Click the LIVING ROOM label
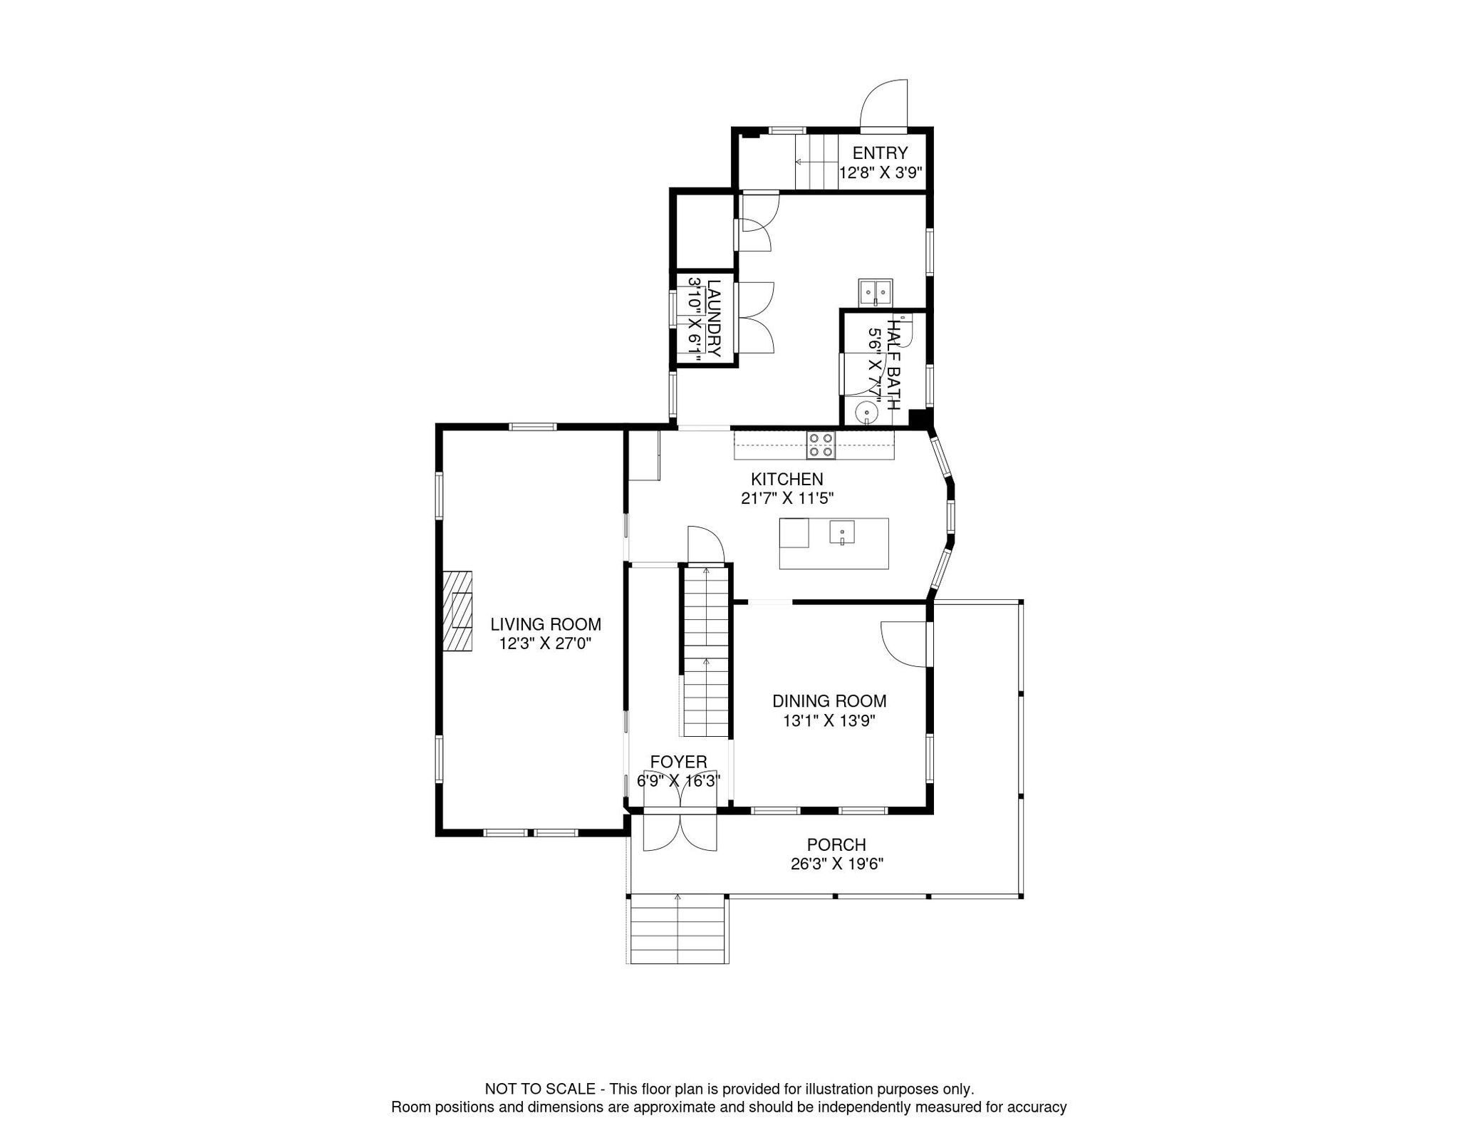click(x=546, y=624)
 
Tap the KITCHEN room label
click(x=786, y=480)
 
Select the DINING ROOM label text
click(x=829, y=701)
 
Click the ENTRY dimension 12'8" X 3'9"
click(x=881, y=172)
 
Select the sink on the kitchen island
click(x=841, y=532)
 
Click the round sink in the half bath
click(x=868, y=412)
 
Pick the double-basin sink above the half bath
click(x=876, y=291)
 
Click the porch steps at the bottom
click(x=677, y=930)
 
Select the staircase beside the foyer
click(x=706, y=651)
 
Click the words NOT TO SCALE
click(x=539, y=1089)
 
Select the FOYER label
click(x=678, y=762)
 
